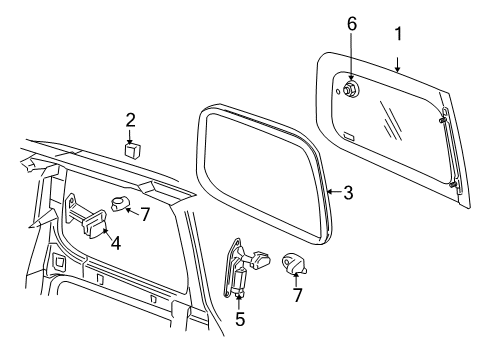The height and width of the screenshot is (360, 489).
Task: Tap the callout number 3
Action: [347, 193]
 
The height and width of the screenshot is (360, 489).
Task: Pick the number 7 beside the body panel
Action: [145, 215]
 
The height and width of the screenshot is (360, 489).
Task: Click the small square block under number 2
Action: [132, 149]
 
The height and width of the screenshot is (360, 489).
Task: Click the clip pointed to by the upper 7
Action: [119, 205]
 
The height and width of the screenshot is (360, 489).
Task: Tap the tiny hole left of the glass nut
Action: [339, 87]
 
